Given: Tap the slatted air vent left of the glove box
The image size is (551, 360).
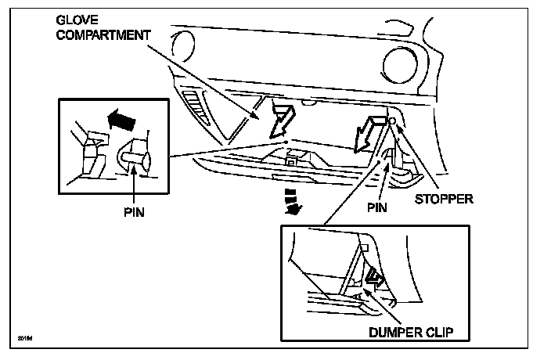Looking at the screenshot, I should coord(196,109).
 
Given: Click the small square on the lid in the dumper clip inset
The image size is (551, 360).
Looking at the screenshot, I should coord(362,248).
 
